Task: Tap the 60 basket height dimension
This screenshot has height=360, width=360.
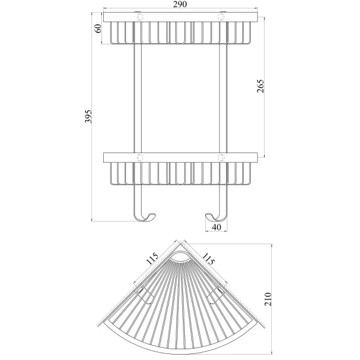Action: [x=97, y=29]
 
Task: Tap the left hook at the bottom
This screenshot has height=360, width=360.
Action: [x=142, y=213]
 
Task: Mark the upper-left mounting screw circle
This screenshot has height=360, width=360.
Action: [x=141, y=17]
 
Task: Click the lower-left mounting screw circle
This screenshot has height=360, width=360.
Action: [x=141, y=157]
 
